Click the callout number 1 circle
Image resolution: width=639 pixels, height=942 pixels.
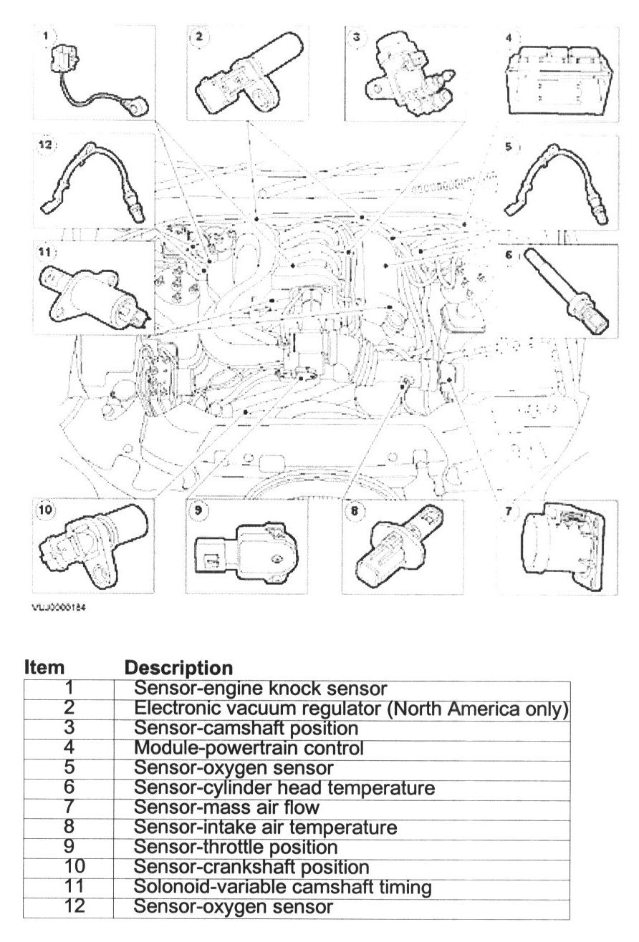pos(47,35)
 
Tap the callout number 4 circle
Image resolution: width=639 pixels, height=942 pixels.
pos(508,37)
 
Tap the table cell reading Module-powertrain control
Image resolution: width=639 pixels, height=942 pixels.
pos(249,749)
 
